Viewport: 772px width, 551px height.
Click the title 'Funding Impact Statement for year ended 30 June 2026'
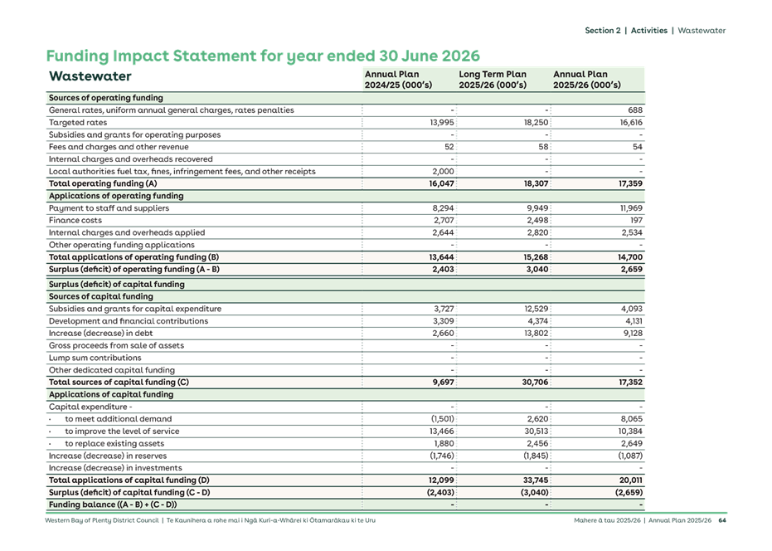click(263, 56)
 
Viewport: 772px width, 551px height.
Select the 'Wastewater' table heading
click(90, 76)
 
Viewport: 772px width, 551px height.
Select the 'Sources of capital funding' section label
click(100, 296)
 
